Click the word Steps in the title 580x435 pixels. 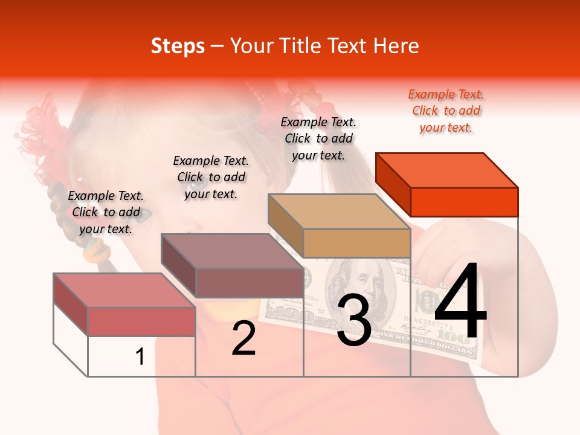(x=178, y=46)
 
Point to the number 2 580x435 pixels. (x=243, y=339)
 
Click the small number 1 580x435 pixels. (x=140, y=357)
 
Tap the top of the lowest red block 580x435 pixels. (x=124, y=290)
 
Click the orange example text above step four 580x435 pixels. (x=446, y=111)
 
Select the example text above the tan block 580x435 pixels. (x=318, y=138)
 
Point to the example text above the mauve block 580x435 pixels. (x=211, y=177)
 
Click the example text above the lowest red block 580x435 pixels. (x=106, y=212)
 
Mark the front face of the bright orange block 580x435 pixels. (x=464, y=202)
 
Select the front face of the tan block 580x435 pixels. (x=356, y=243)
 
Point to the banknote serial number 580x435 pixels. (x=430, y=322)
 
